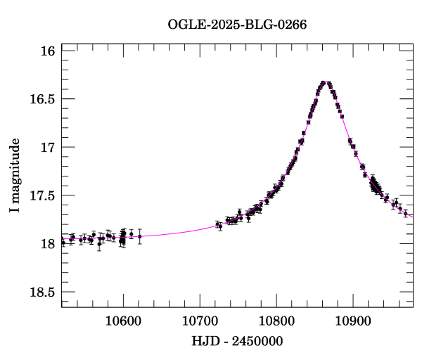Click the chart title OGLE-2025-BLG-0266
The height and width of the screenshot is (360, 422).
coord(237,25)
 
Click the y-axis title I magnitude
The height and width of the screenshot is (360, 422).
coord(15,177)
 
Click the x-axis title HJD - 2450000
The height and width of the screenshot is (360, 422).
coord(237,341)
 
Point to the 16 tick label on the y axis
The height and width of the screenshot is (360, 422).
coord(49,51)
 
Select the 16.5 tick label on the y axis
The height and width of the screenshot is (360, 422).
coord(42,99)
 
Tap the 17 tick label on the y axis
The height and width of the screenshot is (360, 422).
coord(49,148)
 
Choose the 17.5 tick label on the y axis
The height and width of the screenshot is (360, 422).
coord(42,195)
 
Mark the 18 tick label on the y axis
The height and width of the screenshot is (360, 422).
coord(49,244)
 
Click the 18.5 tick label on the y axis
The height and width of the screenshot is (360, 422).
coord(42,292)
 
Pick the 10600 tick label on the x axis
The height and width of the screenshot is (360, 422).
coord(123,321)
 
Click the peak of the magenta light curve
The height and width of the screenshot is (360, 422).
coord(325,82)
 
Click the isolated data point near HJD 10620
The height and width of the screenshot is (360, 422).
coord(139,236)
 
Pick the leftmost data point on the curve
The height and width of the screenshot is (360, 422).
coord(63,242)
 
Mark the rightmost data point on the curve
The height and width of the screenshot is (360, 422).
coord(406,213)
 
